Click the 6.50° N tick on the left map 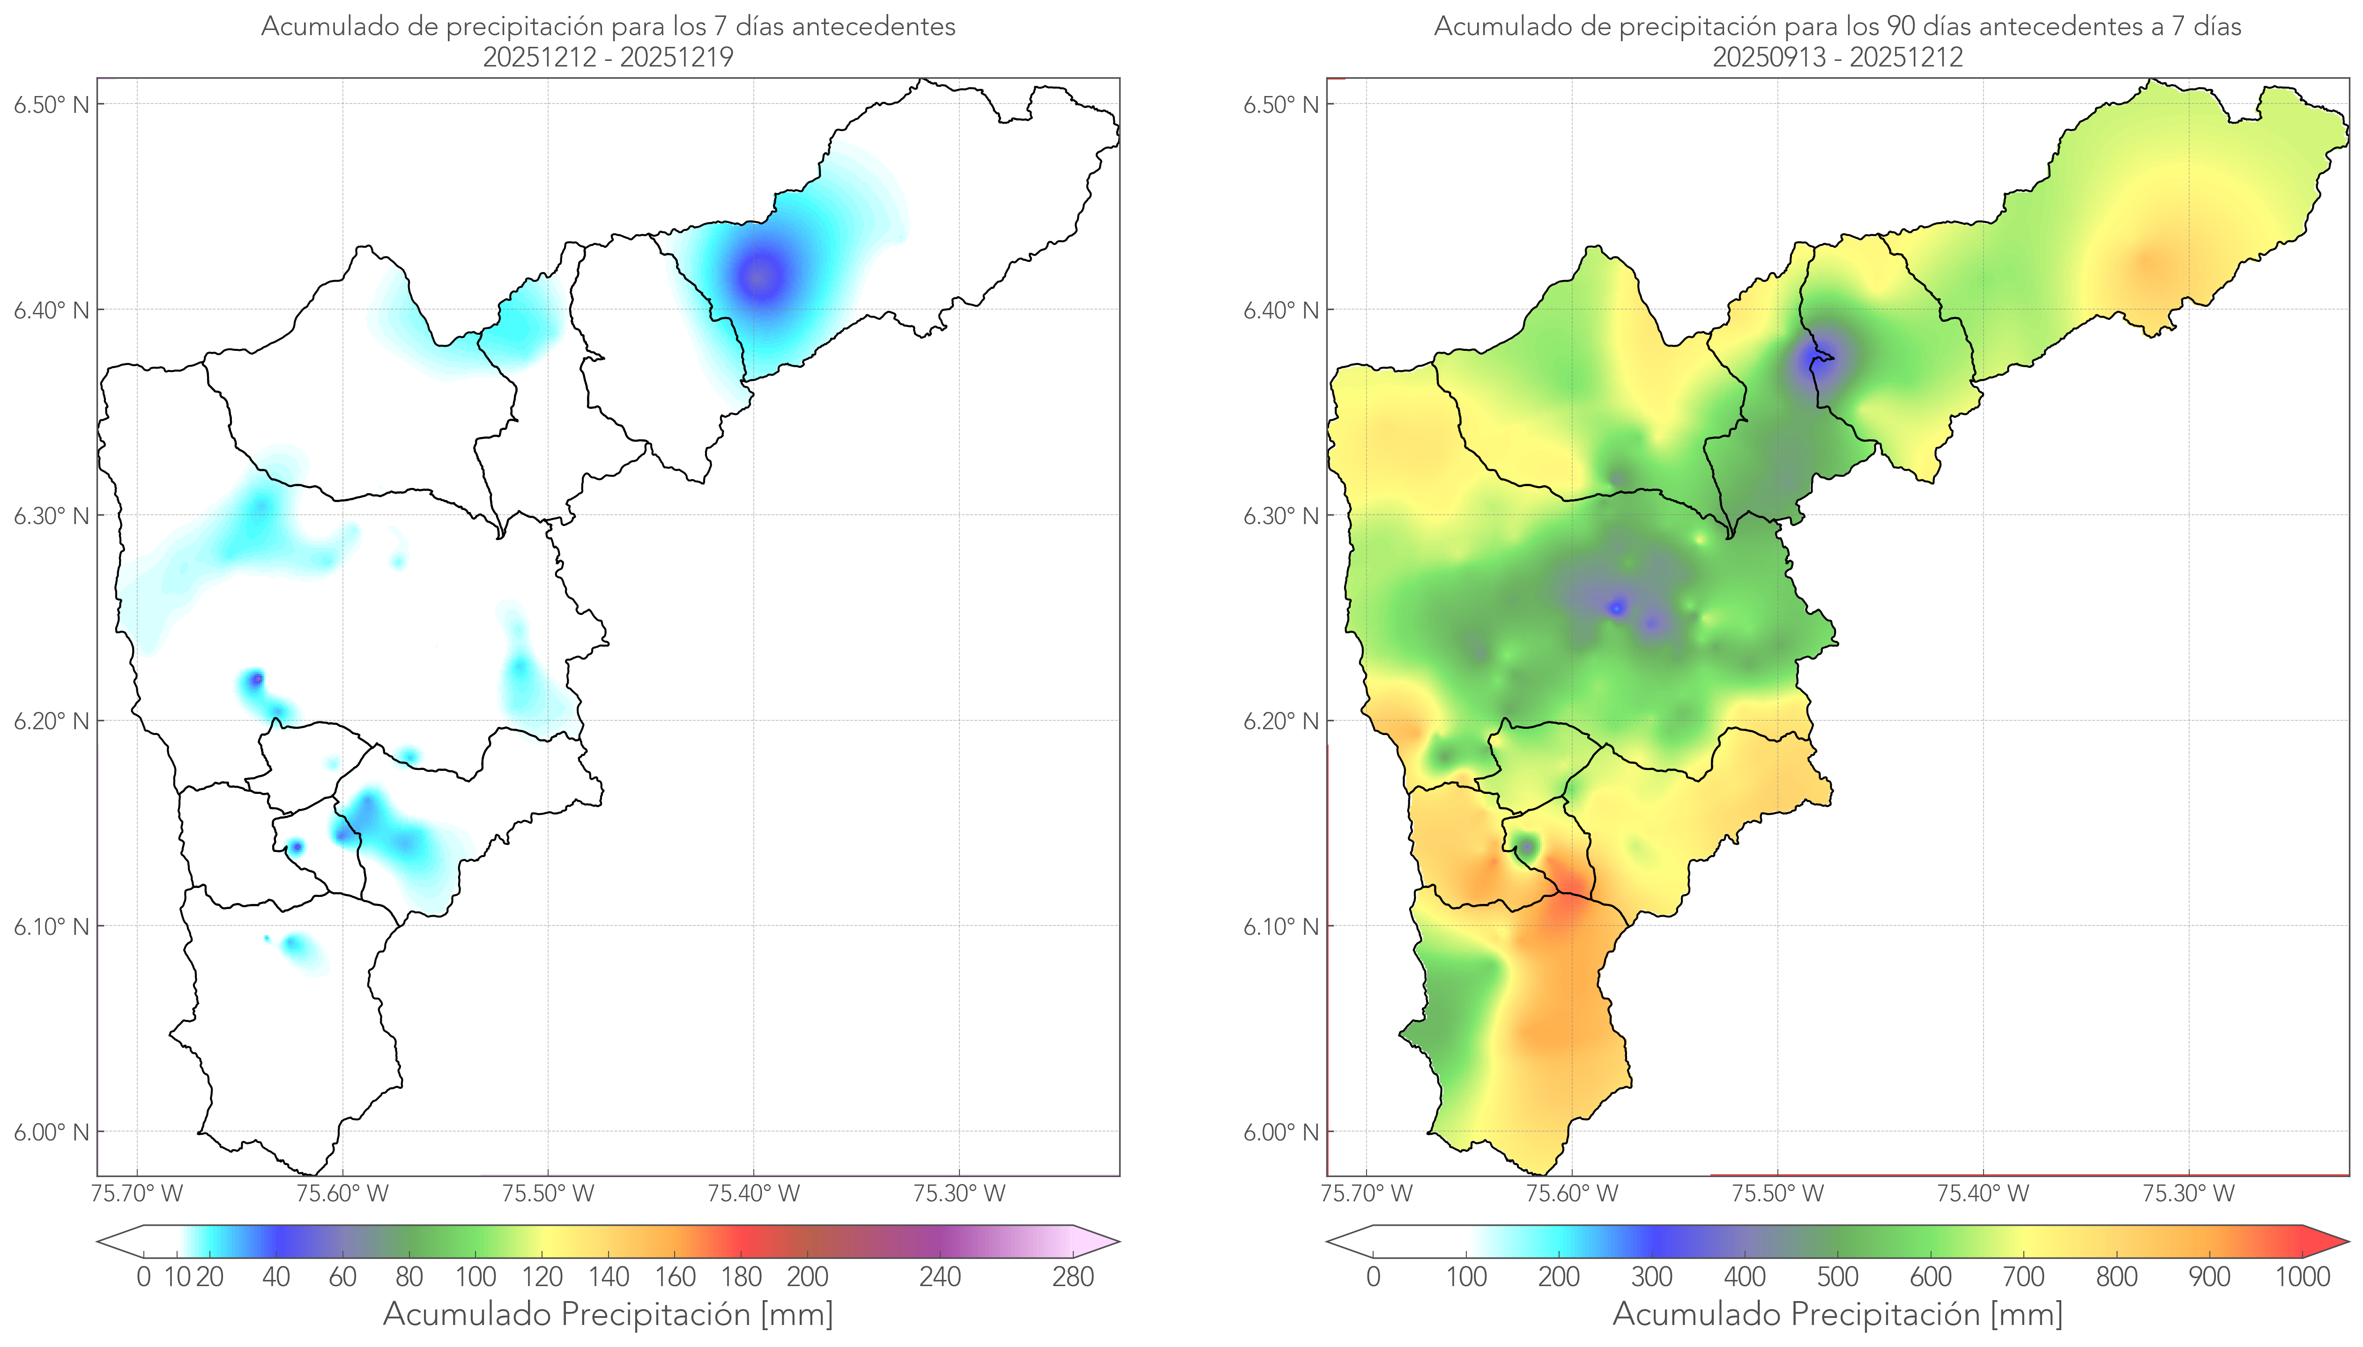(x=52, y=104)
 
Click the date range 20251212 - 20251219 (x=608, y=57)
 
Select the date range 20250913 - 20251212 (x=1837, y=57)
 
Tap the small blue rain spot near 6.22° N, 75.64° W (x=255, y=680)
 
